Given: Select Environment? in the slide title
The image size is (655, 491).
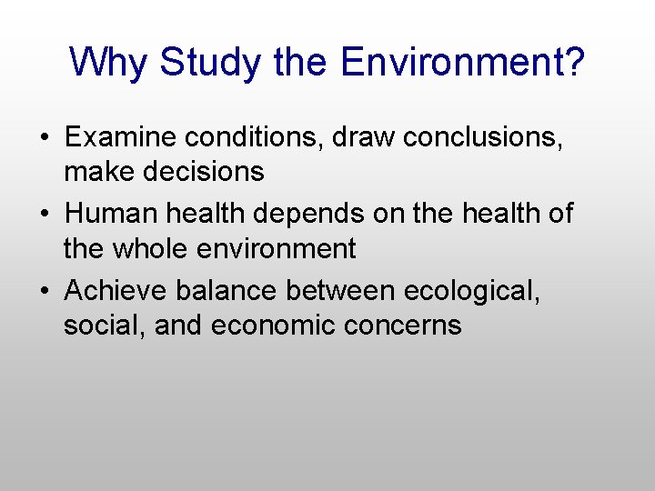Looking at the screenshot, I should click(x=463, y=63).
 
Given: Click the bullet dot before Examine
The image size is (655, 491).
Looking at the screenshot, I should click(x=44, y=138).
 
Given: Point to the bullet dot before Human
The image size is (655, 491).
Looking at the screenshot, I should click(x=44, y=215).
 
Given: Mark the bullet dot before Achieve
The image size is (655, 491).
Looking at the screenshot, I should click(x=44, y=291).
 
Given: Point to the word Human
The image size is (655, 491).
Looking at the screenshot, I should click(x=110, y=214).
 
